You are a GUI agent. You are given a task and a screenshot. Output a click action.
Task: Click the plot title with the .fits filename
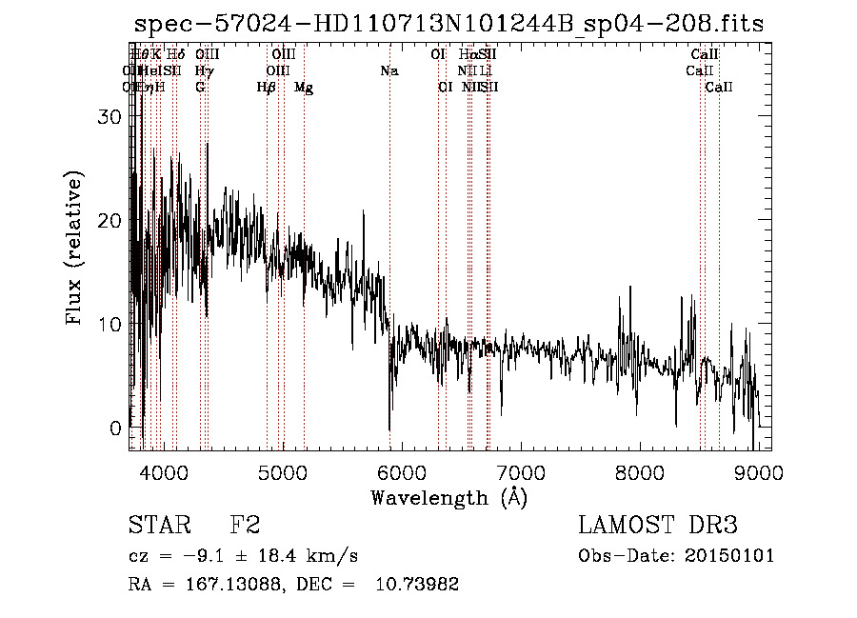(448, 24)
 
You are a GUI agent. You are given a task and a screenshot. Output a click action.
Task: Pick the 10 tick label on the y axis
(110, 325)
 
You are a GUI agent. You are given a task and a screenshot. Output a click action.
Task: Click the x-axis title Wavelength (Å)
(448, 497)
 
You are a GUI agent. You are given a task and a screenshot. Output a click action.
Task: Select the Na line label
(389, 70)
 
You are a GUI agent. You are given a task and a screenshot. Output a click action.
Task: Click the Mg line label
(304, 88)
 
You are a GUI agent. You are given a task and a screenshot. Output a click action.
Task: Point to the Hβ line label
(267, 88)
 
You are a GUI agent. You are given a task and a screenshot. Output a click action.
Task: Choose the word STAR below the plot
(154, 526)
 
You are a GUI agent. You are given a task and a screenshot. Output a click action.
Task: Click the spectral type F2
(245, 526)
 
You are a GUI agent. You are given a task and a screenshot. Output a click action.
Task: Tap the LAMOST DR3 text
(658, 526)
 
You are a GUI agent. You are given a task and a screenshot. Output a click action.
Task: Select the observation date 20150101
(728, 556)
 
